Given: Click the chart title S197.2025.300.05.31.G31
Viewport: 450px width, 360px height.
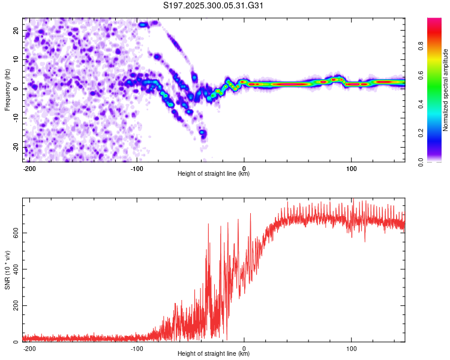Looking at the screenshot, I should (x=214, y=6).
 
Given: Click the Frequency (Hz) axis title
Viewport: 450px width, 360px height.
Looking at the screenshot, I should (x=7, y=89).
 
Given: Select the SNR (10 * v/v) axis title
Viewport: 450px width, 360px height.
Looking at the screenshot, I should (x=7, y=270).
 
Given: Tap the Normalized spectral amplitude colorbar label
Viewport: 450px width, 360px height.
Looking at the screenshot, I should (x=445, y=90).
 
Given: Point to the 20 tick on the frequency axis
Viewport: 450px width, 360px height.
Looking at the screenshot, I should (x=16, y=30).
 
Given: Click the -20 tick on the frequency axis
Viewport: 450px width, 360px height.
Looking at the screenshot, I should (x=15, y=147).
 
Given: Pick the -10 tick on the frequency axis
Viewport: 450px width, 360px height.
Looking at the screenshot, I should (x=15, y=118).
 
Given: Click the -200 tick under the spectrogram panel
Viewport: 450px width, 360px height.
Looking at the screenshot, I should (x=29, y=168).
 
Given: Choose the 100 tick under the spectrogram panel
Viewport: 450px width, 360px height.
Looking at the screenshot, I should (x=351, y=168).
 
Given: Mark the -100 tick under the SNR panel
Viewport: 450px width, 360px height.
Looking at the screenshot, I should (x=136, y=349).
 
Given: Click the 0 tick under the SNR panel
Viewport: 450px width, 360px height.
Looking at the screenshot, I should (x=244, y=349).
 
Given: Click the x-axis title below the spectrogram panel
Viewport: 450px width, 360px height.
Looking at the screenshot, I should (x=214, y=174).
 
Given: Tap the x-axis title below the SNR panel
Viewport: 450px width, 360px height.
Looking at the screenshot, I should (x=214, y=355).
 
